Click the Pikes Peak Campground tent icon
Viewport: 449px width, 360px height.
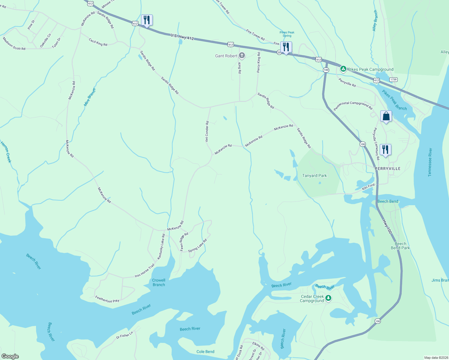click(x=343, y=69)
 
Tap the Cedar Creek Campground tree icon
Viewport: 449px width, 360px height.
click(x=328, y=298)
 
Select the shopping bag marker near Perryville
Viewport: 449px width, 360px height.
click(x=386, y=116)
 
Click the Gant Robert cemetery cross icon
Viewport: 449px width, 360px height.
click(x=242, y=55)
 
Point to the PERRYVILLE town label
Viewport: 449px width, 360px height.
click(x=387, y=169)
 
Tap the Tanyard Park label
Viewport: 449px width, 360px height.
click(x=314, y=175)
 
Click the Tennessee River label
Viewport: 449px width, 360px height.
click(x=430, y=162)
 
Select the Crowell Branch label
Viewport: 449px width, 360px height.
click(x=159, y=282)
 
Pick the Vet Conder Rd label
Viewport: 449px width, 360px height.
click(x=207, y=131)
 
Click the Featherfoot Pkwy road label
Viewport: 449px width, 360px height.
click(x=107, y=299)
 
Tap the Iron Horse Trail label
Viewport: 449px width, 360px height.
click(x=145, y=270)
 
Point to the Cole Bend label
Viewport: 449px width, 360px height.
click(x=205, y=352)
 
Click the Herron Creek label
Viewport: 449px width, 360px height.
click(x=6, y=152)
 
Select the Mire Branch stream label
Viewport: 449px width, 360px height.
click(x=90, y=97)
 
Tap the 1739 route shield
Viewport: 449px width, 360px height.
click(x=393, y=79)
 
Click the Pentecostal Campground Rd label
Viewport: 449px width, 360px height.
click(x=353, y=106)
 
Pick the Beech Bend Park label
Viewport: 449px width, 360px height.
click(x=400, y=246)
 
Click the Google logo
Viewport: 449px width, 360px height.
click(x=10, y=356)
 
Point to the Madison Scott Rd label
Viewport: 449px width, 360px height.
click(x=14, y=43)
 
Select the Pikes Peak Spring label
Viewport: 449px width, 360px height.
click(x=287, y=34)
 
